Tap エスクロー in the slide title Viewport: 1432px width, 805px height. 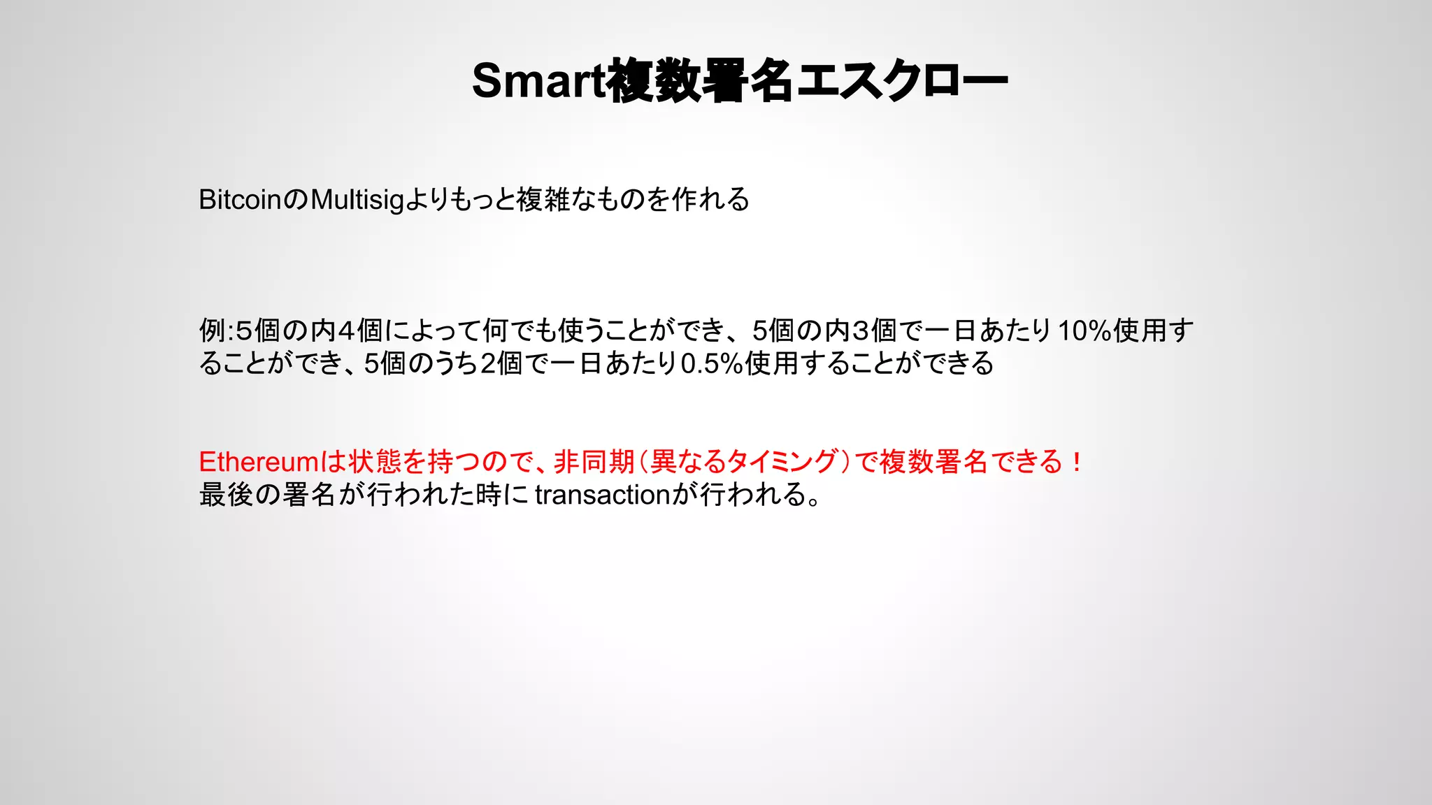click(902, 81)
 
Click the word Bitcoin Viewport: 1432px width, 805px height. click(240, 200)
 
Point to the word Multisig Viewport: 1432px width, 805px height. click(357, 201)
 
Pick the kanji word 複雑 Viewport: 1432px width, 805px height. click(543, 200)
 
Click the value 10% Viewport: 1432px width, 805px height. click(1084, 331)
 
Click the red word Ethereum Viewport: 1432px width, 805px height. click(259, 462)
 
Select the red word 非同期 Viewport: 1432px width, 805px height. click(594, 462)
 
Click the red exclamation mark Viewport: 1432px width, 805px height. click(1077, 462)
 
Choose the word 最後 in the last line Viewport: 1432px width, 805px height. click(226, 495)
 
